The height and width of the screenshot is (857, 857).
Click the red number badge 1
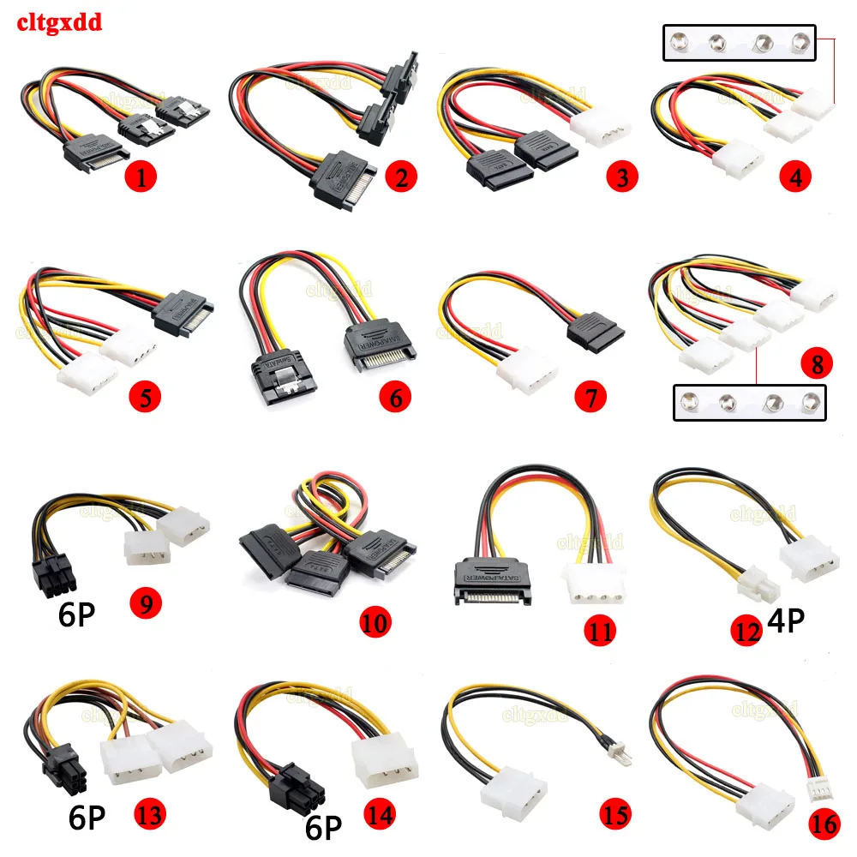(140, 177)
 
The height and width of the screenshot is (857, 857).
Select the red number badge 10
(375, 618)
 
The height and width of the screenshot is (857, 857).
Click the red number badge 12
(747, 631)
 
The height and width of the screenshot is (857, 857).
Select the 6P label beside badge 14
(323, 827)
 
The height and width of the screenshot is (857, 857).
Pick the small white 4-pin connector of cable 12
(758, 590)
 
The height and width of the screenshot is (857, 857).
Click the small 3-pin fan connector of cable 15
(628, 753)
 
